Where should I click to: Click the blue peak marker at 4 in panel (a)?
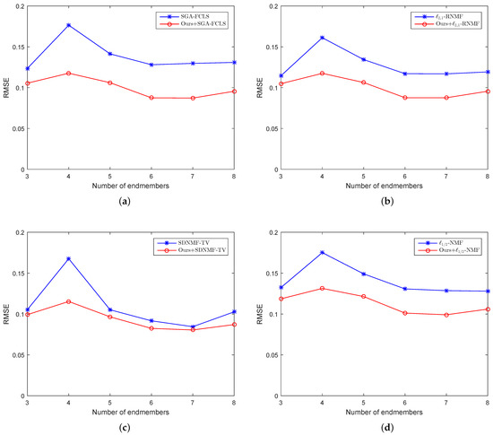(x=68, y=25)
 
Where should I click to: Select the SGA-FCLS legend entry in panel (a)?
(x=193, y=15)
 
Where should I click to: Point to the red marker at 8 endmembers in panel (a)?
(x=234, y=91)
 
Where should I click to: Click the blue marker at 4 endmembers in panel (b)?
(x=323, y=38)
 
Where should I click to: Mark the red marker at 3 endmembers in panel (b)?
(x=281, y=83)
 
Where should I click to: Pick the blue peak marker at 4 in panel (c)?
(x=68, y=259)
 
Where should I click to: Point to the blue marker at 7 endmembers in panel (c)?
(x=192, y=326)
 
